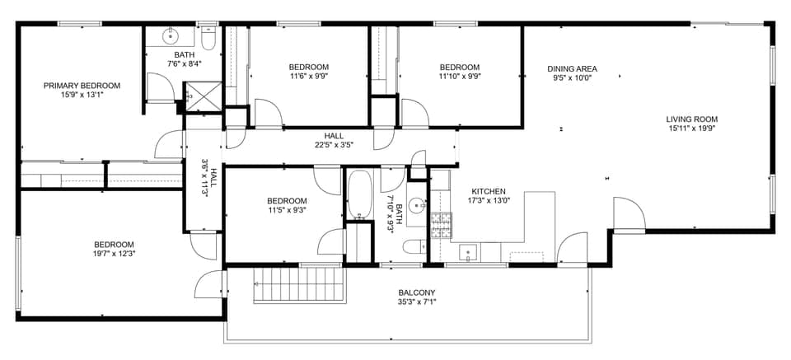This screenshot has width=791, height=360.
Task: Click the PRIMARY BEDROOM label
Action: (x=82, y=85)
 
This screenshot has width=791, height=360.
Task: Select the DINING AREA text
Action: (x=572, y=68)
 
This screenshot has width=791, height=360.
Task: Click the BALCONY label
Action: (x=417, y=292)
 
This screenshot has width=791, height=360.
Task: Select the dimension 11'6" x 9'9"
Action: (x=309, y=77)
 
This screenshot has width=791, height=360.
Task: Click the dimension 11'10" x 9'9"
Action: (x=459, y=77)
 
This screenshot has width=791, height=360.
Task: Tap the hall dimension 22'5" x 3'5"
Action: (x=334, y=145)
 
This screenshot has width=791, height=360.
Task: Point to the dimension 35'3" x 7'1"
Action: (x=417, y=302)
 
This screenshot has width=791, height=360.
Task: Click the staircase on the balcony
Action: (x=297, y=286)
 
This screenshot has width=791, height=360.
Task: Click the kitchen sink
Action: (x=470, y=252)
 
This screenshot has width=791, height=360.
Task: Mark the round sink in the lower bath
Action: (x=416, y=206)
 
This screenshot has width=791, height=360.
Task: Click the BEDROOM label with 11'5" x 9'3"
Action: (x=287, y=201)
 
